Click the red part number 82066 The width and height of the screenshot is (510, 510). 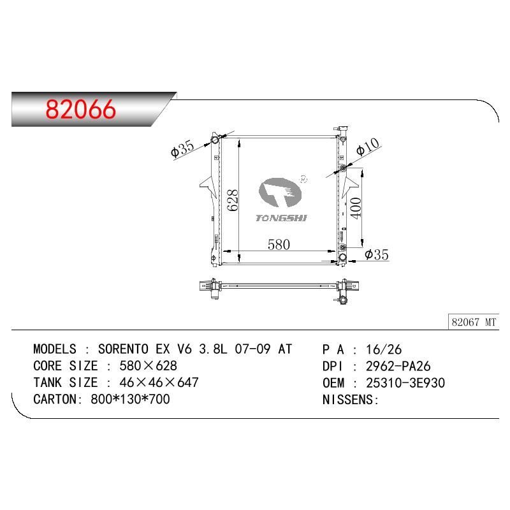(81, 109)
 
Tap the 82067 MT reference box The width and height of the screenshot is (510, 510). (474, 322)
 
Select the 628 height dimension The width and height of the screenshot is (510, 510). (233, 201)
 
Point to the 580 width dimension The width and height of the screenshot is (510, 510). (279, 245)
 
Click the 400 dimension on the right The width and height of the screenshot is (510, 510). (356, 208)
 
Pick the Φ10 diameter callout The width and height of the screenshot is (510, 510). (368, 147)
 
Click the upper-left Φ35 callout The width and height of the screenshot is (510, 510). (182, 149)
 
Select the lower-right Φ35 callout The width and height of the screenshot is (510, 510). (377, 254)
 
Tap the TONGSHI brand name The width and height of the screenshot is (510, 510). (281, 218)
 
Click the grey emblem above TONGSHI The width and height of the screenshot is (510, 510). (280, 193)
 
